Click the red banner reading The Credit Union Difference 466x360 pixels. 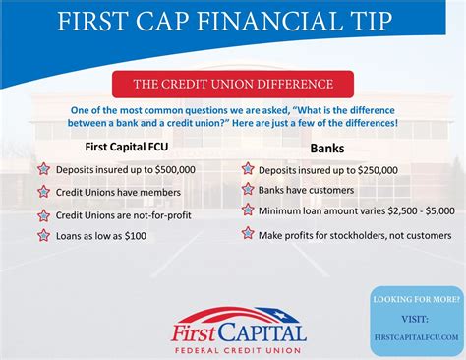(233, 85)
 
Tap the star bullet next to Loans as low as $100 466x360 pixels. (43, 235)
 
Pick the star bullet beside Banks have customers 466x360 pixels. (248, 188)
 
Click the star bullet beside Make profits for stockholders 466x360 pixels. (248, 233)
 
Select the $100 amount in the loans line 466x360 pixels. (136, 236)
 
